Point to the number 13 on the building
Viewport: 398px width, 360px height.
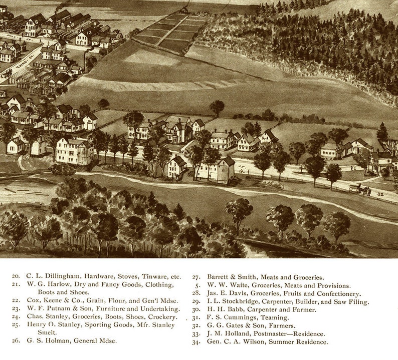pyautogui.click(x=89, y=34)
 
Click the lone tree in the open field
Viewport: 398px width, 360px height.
pyautogui.click(x=217, y=107)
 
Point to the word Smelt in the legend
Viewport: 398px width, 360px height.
pyautogui.click(x=36, y=332)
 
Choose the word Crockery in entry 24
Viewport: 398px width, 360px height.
pyautogui.click(x=160, y=316)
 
